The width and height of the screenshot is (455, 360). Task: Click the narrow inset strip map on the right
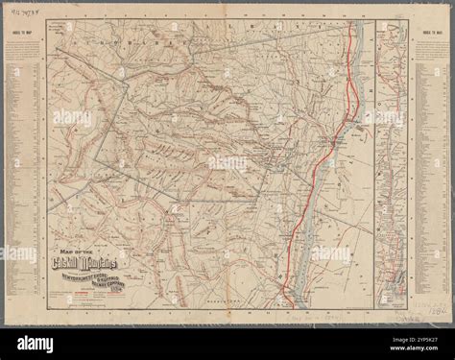(390, 173)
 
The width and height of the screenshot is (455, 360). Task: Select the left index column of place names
(24, 173)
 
